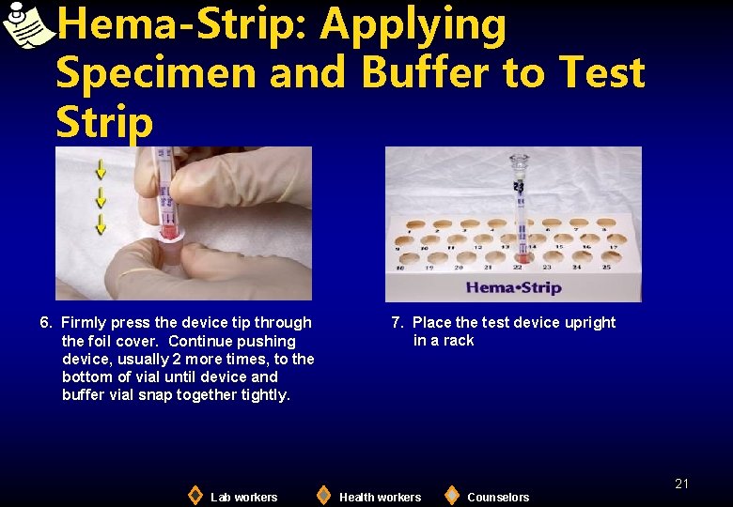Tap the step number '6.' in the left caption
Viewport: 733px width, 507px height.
point(46,323)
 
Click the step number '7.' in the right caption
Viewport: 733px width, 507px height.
point(398,323)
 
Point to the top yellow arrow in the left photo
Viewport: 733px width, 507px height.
point(101,170)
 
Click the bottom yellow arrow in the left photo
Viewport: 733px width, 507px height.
point(101,223)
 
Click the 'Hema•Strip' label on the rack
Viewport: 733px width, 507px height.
point(513,287)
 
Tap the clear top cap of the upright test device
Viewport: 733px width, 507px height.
point(520,165)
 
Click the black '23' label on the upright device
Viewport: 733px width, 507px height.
point(519,188)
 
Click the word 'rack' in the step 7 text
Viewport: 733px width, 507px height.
point(458,341)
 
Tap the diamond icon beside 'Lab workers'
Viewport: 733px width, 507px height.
point(195,495)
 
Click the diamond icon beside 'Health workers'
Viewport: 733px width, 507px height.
point(323,495)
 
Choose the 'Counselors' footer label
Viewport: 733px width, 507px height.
point(498,498)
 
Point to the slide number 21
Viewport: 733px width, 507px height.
point(681,484)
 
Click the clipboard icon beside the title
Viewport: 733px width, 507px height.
point(26,25)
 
